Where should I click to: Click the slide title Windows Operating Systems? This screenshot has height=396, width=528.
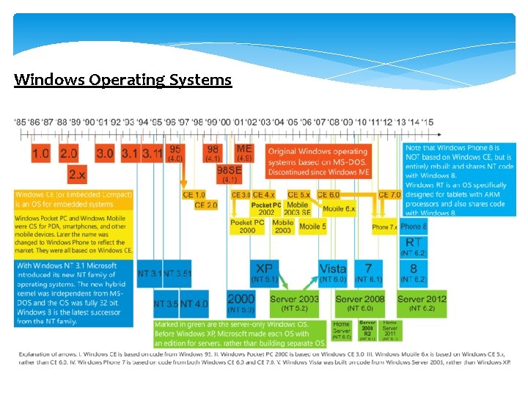[122, 79]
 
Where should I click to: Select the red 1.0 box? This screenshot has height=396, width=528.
[41, 153]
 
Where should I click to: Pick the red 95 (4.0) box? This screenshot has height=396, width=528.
[176, 153]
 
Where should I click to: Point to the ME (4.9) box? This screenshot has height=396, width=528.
[244, 153]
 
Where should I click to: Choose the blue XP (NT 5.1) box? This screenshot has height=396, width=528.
[263, 273]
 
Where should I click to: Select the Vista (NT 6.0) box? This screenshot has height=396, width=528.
[333, 273]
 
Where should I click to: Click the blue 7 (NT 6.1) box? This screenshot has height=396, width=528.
[368, 273]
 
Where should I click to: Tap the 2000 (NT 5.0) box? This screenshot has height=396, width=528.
[241, 303]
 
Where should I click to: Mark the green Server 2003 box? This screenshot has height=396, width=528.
[294, 303]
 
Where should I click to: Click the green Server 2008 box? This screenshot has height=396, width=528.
[360, 303]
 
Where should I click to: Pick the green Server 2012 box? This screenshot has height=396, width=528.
[422, 303]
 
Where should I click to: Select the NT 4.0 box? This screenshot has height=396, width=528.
[194, 303]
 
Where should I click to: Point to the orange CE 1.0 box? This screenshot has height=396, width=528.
[194, 194]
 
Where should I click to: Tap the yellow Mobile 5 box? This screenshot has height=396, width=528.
[312, 226]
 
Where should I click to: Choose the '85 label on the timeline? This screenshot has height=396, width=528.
[21, 122]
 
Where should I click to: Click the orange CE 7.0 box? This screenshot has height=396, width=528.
[389, 194]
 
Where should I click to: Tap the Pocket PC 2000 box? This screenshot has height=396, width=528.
[247, 226]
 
